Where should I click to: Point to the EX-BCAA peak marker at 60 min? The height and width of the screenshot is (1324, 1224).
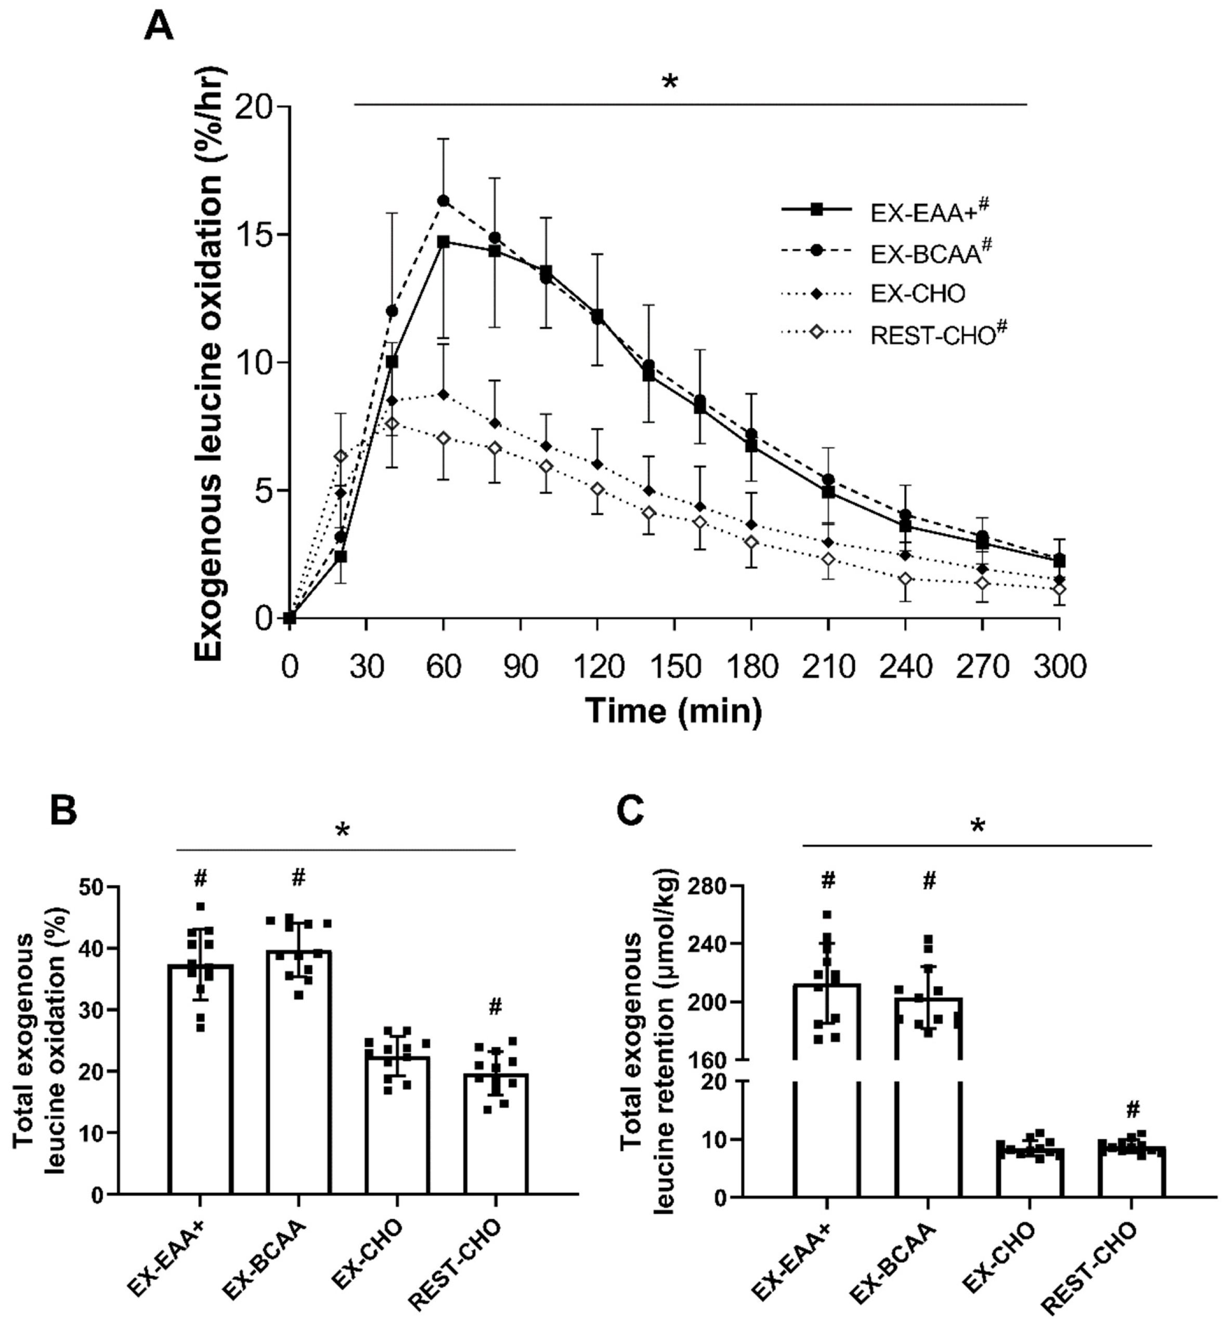444,201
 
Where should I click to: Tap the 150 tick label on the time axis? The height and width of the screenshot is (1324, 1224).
674,666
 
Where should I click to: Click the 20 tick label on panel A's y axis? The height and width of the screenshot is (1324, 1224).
256,107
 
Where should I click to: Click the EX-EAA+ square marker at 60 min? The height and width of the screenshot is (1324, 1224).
444,242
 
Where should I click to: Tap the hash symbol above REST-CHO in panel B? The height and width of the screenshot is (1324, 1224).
496,1007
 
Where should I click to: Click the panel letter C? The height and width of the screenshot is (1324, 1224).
629,811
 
